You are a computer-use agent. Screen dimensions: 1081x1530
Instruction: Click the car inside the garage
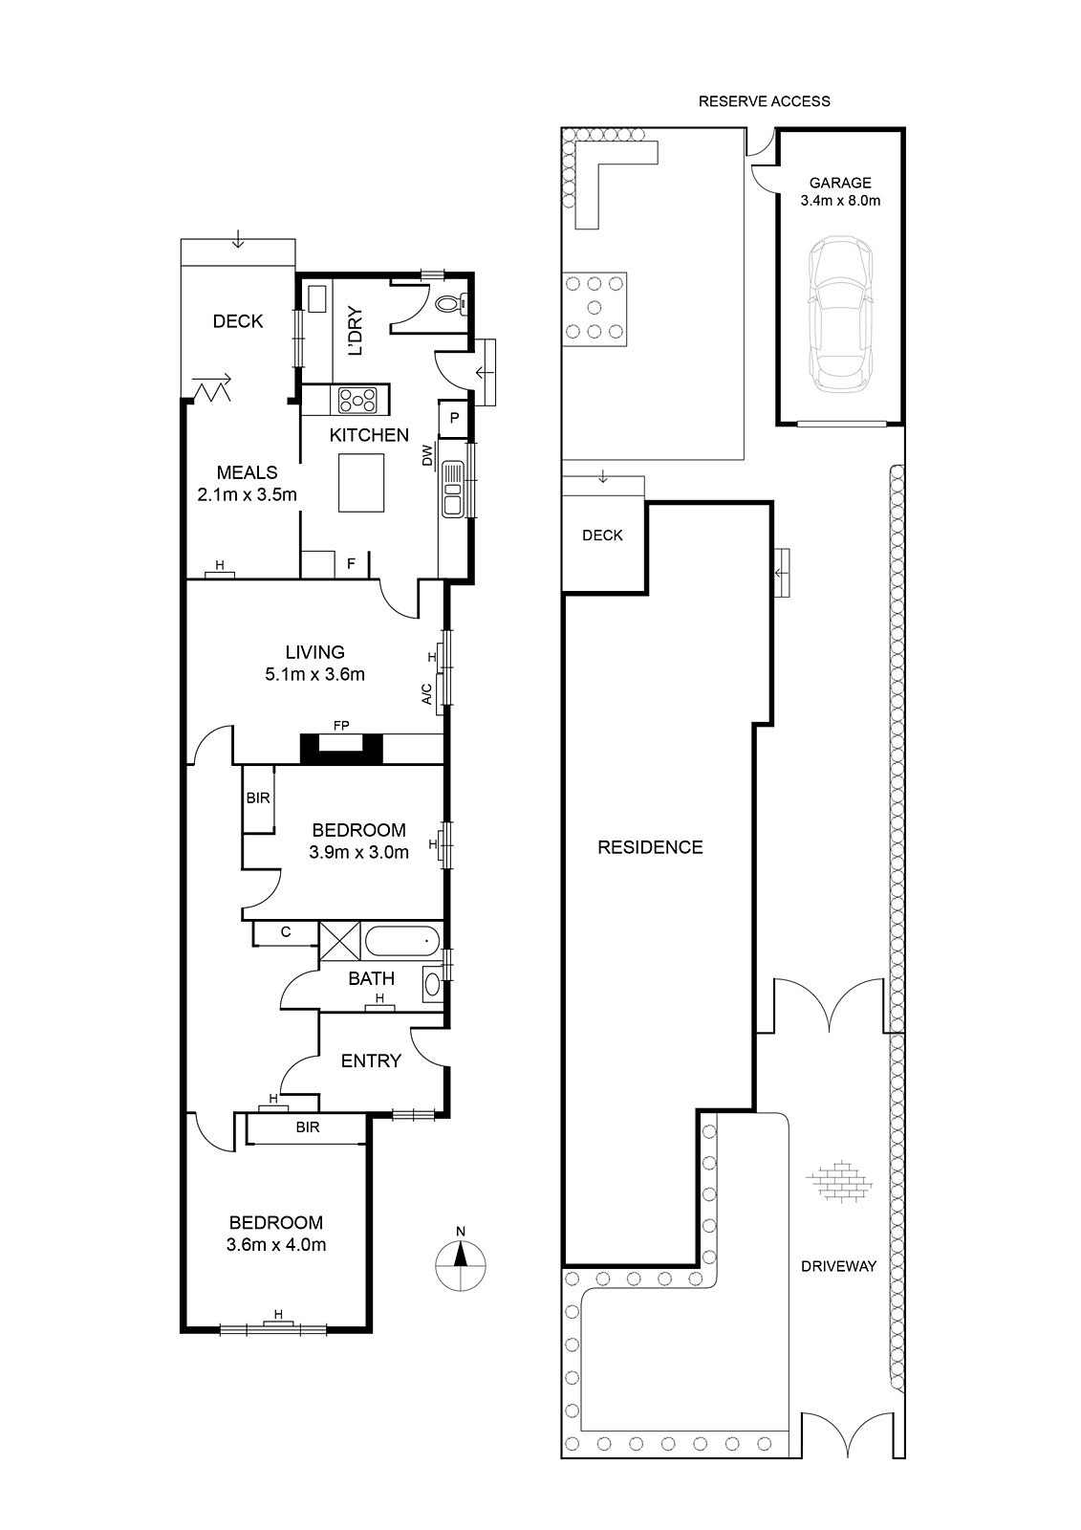tap(840, 315)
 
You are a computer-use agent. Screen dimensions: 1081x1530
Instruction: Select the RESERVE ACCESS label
tap(764, 101)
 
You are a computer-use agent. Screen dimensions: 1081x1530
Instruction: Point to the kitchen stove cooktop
tap(357, 401)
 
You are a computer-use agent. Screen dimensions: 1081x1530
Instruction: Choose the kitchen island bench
tap(361, 482)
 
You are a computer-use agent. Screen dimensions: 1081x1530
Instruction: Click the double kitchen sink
tap(451, 488)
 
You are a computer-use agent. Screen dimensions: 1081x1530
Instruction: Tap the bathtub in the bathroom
tap(402, 941)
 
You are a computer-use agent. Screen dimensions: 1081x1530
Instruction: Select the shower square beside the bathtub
tap(339, 941)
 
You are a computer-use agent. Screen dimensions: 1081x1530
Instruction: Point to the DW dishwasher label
tap(427, 455)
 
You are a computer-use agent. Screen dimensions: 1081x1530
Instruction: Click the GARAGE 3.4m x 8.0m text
tap(840, 192)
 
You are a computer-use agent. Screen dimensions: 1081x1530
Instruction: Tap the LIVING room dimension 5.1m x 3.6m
tap(314, 674)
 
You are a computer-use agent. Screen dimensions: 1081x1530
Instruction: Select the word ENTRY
tap(371, 1060)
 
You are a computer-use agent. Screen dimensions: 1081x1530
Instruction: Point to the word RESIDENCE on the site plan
tap(650, 847)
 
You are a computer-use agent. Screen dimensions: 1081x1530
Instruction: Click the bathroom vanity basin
tap(432, 984)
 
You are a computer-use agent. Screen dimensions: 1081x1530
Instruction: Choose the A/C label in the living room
tap(427, 694)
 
